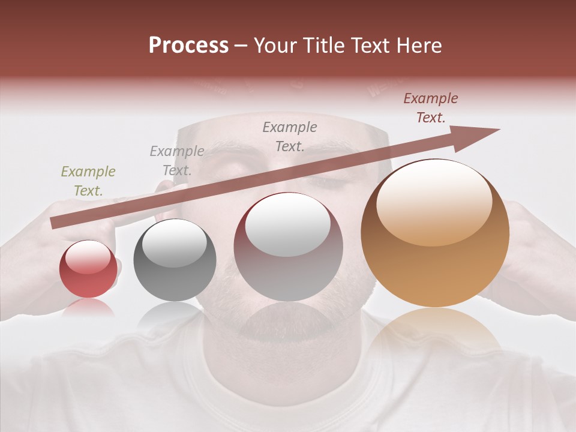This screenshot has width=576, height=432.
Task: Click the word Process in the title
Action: pyautogui.click(x=188, y=46)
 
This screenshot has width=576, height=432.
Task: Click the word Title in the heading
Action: pyautogui.click(x=324, y=46)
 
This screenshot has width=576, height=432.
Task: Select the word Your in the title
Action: pyautogui.click(x=276, y=46)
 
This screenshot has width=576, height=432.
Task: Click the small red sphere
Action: pyautogui.click(x=88, y=269)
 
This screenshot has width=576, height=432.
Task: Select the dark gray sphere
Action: pyautogui.click(x=175, y=260)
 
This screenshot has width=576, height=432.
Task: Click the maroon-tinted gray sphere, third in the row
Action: pyautogui.click(x=289, y=247)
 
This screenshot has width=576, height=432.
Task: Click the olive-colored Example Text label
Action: pyautogui.click(x=88, y=181)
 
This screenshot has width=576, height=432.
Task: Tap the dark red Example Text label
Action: pyautogui.click(x=431, y=108)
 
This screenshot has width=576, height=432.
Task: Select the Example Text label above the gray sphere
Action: pyautogui.click(x=177, y=160)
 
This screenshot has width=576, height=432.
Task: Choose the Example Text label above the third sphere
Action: pyautogui.click(x=290, y=136)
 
